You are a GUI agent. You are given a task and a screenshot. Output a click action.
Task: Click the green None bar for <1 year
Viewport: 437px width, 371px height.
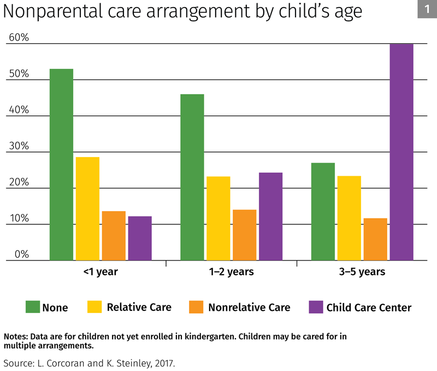61,164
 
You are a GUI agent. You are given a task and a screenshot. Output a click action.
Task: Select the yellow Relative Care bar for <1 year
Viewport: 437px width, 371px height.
87,208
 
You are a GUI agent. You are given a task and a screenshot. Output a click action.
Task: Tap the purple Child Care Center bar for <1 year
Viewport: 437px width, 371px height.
140,238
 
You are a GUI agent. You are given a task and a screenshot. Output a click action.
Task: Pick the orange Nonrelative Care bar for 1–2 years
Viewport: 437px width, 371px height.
244,235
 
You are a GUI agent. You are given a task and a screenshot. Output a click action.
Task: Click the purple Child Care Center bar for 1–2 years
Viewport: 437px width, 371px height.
270,216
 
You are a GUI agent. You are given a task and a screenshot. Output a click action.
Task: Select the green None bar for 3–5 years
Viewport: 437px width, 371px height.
323,211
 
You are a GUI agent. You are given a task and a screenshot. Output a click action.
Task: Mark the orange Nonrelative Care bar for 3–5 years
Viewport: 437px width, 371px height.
375,239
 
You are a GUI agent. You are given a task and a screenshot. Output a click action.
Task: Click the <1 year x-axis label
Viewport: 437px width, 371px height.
101,272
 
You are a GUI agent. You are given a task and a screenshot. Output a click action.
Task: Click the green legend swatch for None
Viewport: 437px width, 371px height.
32,307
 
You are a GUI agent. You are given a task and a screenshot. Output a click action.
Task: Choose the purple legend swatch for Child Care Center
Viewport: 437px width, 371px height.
316,307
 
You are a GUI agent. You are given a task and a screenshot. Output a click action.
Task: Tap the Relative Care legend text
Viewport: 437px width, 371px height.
139,307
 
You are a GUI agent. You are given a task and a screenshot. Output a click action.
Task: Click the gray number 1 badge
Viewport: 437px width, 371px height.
427,9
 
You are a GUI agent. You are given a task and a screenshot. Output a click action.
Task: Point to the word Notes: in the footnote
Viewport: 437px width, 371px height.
16,336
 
